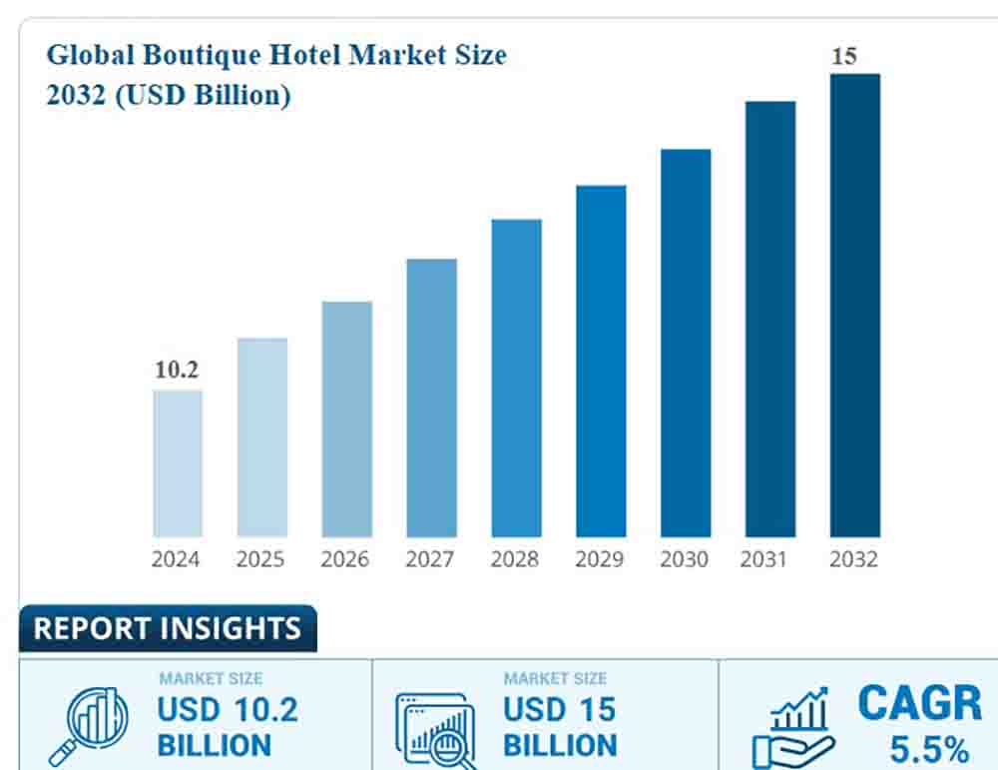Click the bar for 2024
(178, 463)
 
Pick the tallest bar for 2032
(855, 305)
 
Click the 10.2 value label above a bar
(177, 370)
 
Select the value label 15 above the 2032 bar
(844, 56)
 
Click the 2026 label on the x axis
(345, 560)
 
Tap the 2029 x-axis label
(600, 560)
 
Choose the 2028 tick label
(515, 560)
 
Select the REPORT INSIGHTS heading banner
(167, 628)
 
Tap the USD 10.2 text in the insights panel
(227, 710)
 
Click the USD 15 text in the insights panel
(559, 710)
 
